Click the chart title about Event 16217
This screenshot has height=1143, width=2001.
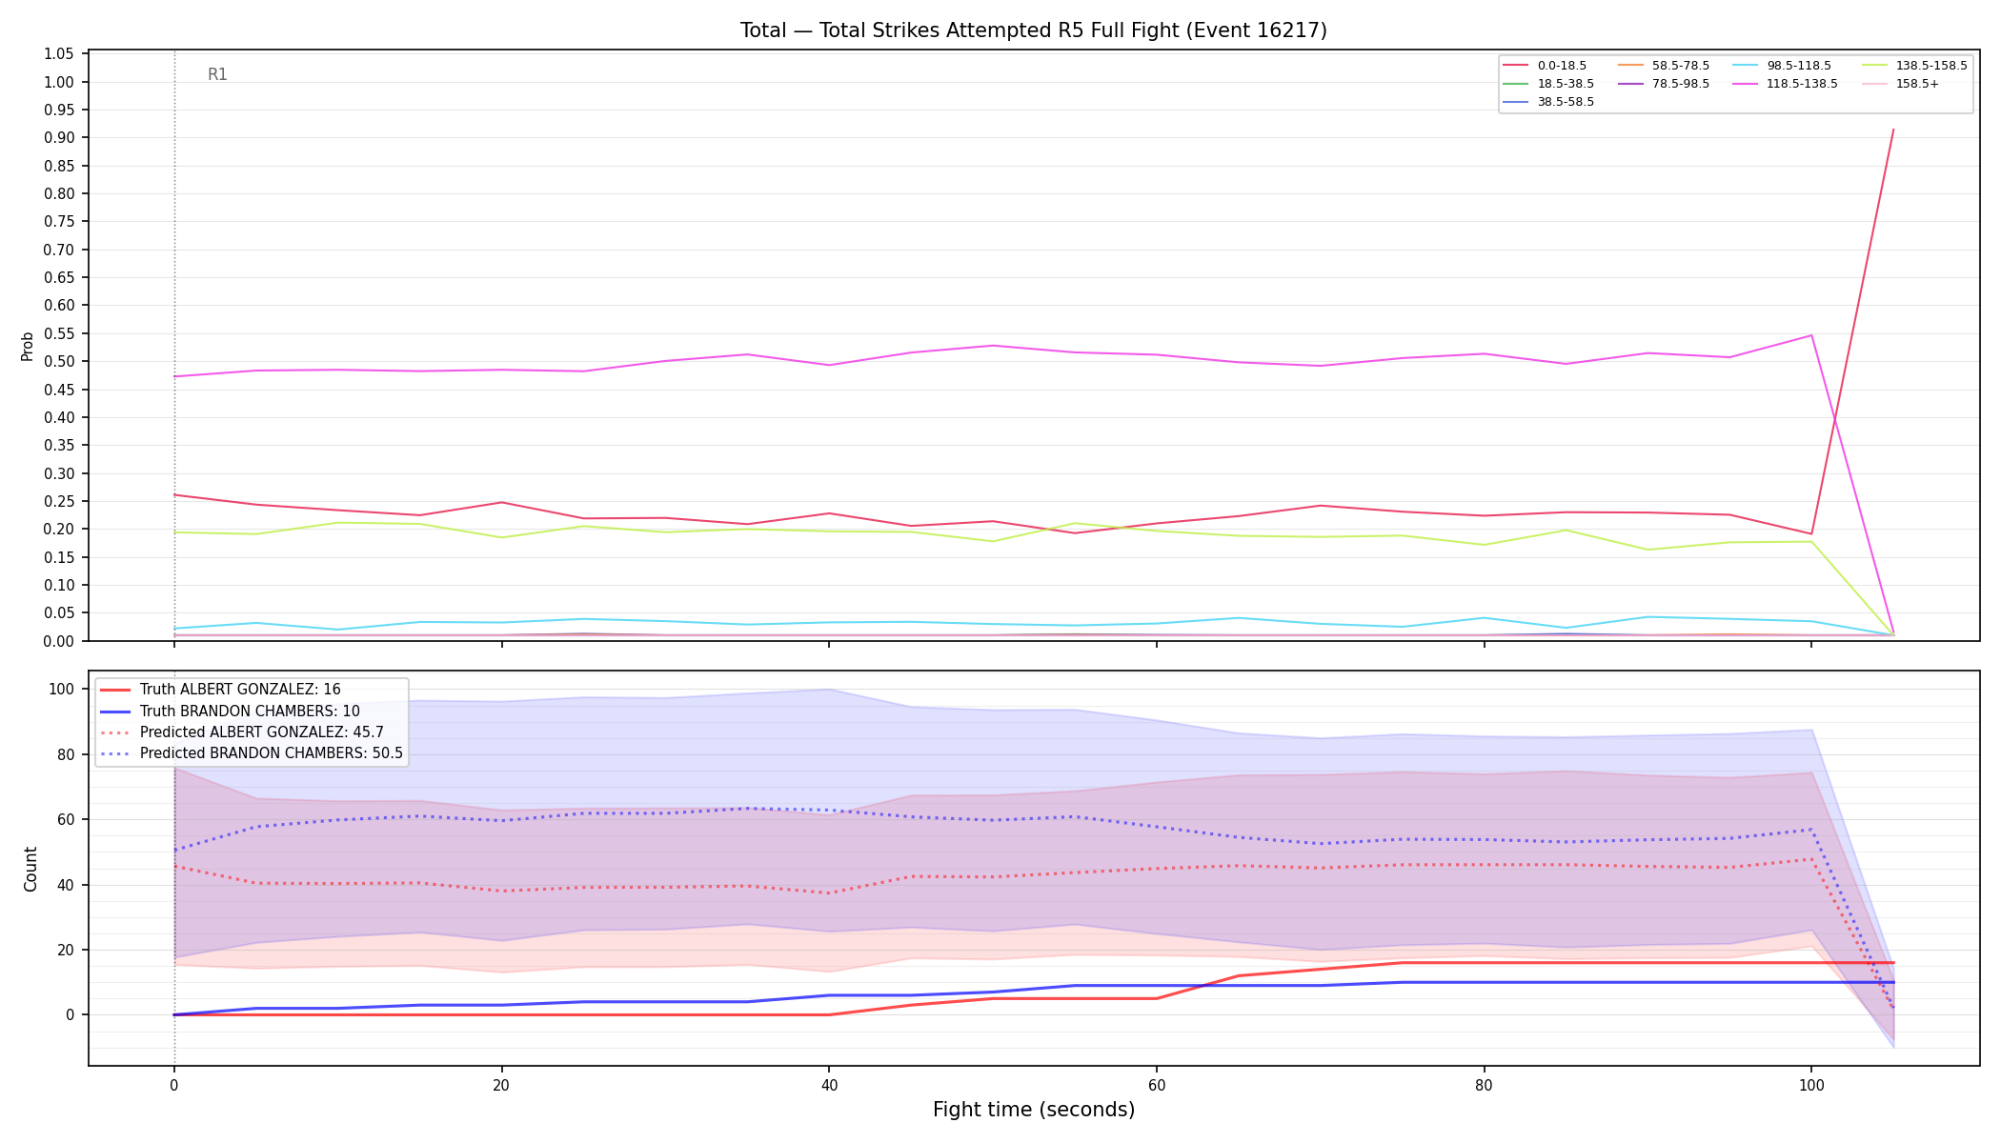(x=1034, y=30)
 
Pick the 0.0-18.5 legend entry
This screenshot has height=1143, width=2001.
(x=1545, y=66)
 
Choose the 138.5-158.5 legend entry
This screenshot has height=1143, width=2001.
(x=1914, y=66)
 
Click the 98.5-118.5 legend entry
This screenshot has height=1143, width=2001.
(x=1782, y=66)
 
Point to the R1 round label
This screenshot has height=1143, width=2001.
(x=217, y=74)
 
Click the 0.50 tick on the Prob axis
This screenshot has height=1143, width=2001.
(x=59, y=361)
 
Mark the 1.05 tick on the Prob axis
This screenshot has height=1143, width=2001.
(x=59, y=53)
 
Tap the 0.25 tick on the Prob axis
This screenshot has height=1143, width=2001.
(x=59, y=501)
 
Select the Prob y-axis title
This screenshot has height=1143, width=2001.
(x=28, y=346)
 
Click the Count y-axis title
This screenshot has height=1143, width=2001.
(x=30, y=869)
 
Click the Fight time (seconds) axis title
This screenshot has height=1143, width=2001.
(x=1034, y=1110)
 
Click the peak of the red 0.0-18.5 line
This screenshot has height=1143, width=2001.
(x=1892, y=130)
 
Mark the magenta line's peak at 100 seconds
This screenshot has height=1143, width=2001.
(x=1810, y=335)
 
